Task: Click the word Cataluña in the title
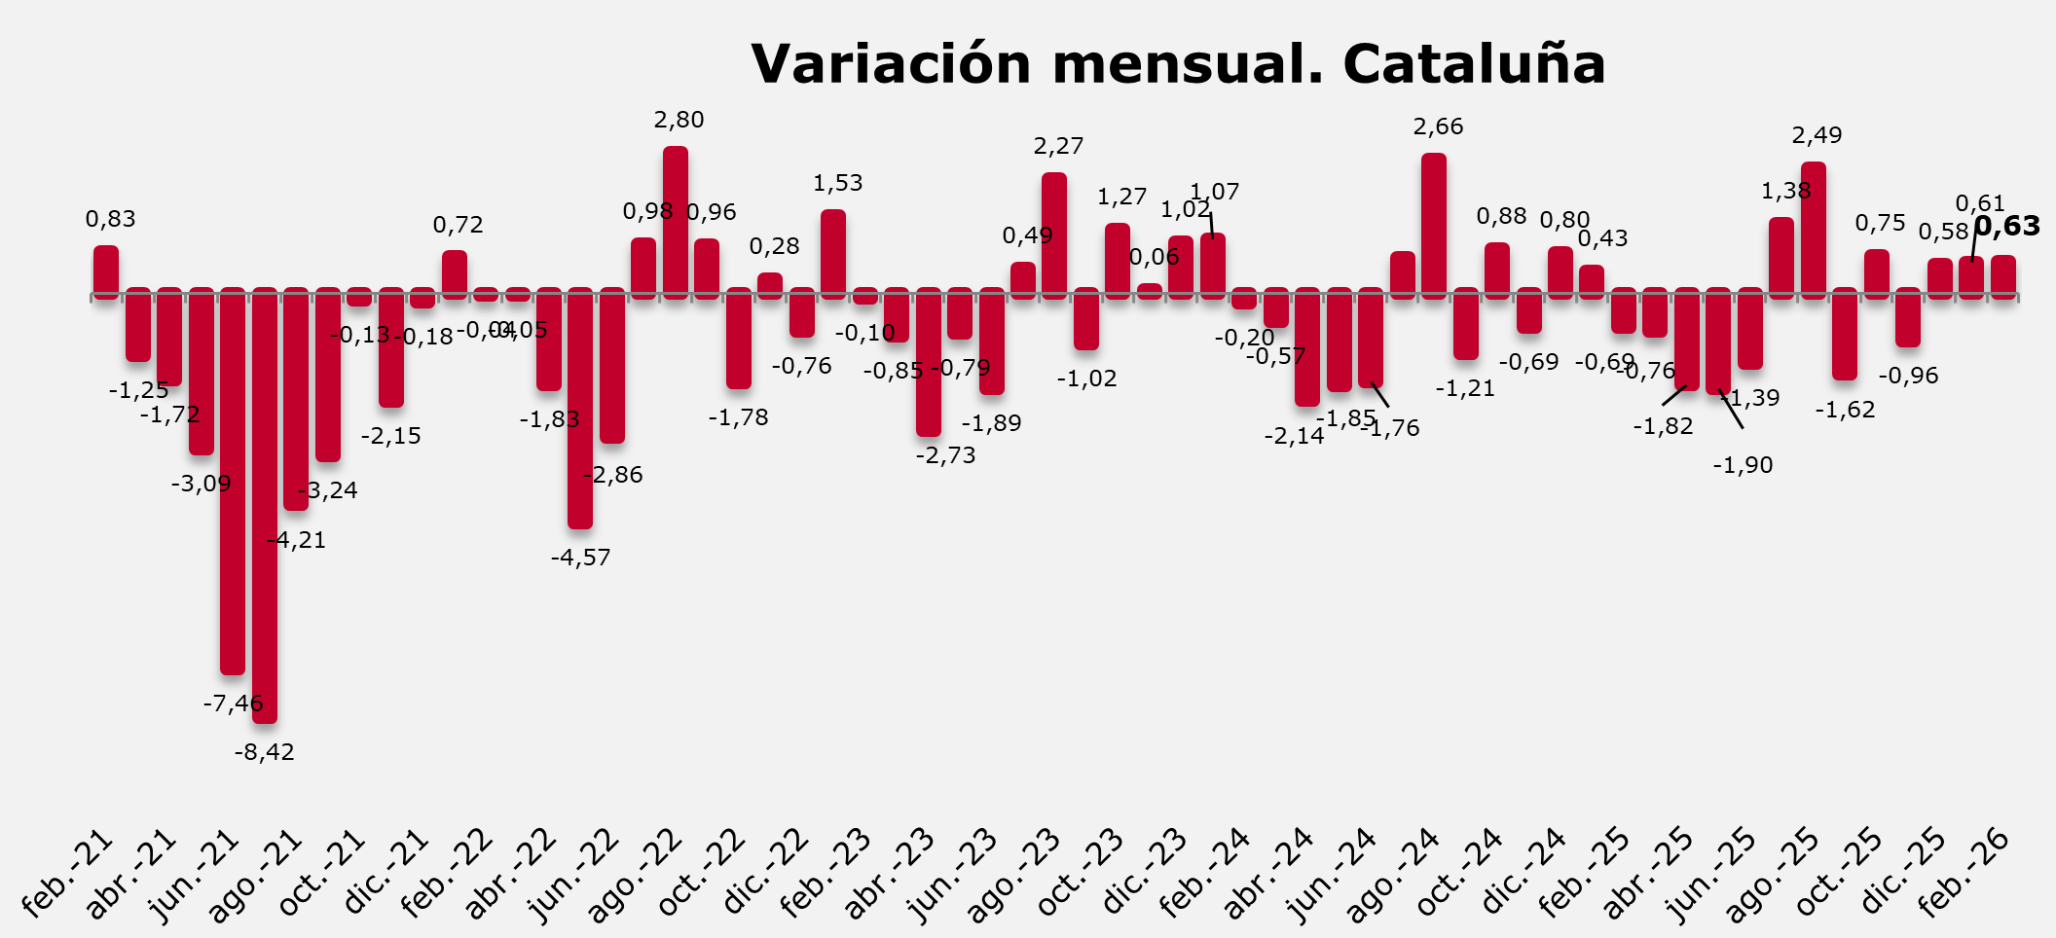click(x=1474, y=64)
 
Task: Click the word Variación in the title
click(x=891, y=64)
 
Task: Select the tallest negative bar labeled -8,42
click(x=265, y=506)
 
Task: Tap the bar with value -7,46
click(x=233, y=482)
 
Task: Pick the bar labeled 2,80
click(x=676, y=222)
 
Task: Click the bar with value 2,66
click(x=1434, y=225)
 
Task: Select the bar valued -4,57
click(x=580, y=409)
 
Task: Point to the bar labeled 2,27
click(x=1054, y=234)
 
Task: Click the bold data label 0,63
click(x=2006, y=227)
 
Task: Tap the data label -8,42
click(x=265, y=752)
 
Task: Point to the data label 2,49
click(x=1817, y=135)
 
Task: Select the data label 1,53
click(x=838, y=183)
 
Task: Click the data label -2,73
click(x=945, y=455)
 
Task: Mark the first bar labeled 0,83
click(x=106, y=271)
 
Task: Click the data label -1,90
click(x=1743, y=465)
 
